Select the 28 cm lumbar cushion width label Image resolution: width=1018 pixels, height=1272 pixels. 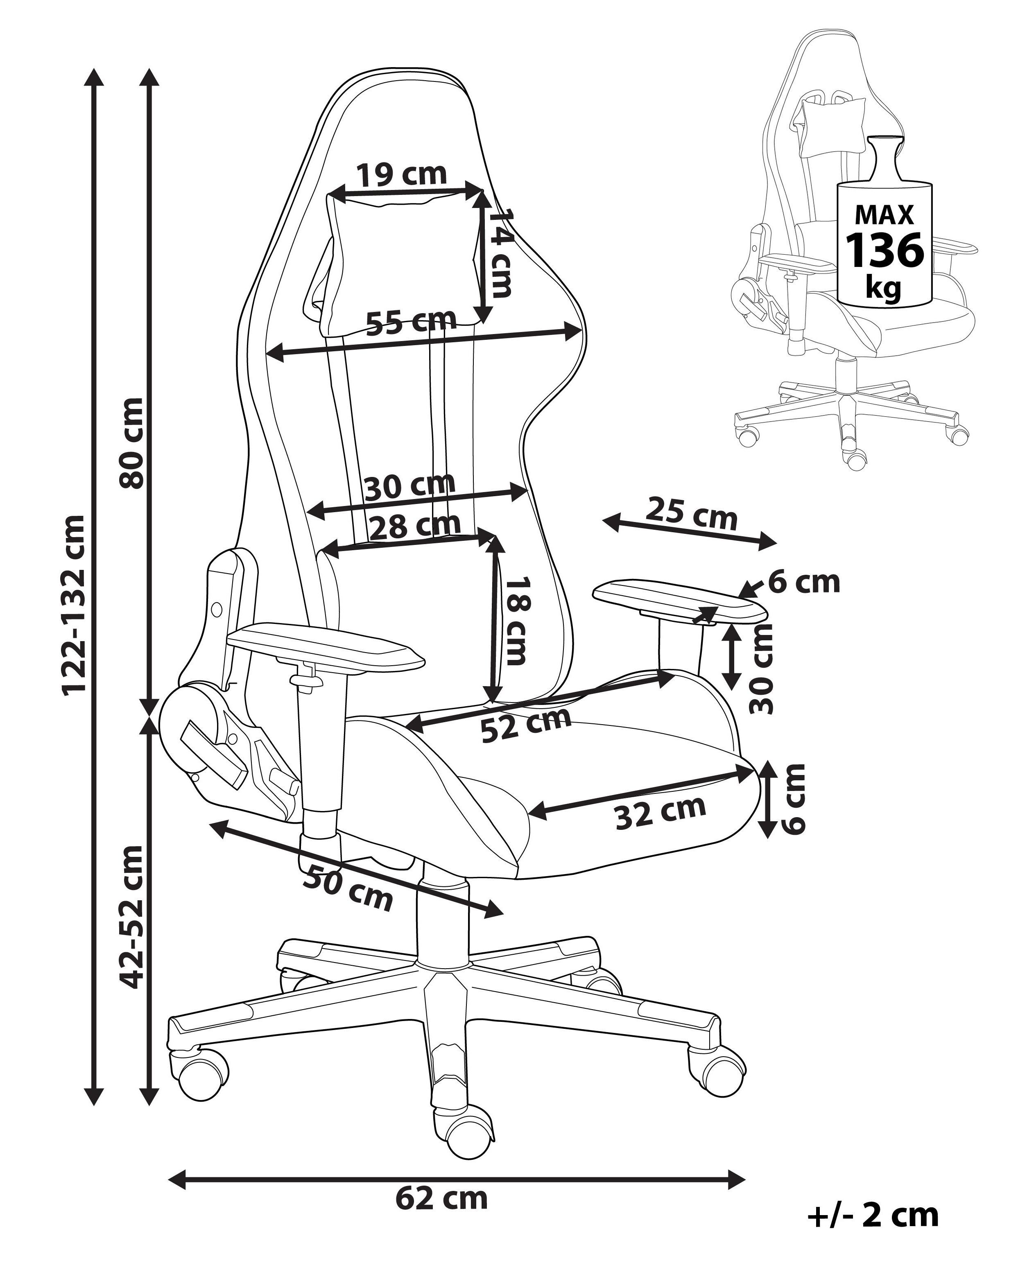click(x=414, y=525)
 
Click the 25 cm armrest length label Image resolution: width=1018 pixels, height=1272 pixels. click(x=692, y=514)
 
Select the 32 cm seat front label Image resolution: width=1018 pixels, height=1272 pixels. click(x=661, y=812)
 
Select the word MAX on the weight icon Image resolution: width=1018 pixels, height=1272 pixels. click(x=884, y=214)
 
